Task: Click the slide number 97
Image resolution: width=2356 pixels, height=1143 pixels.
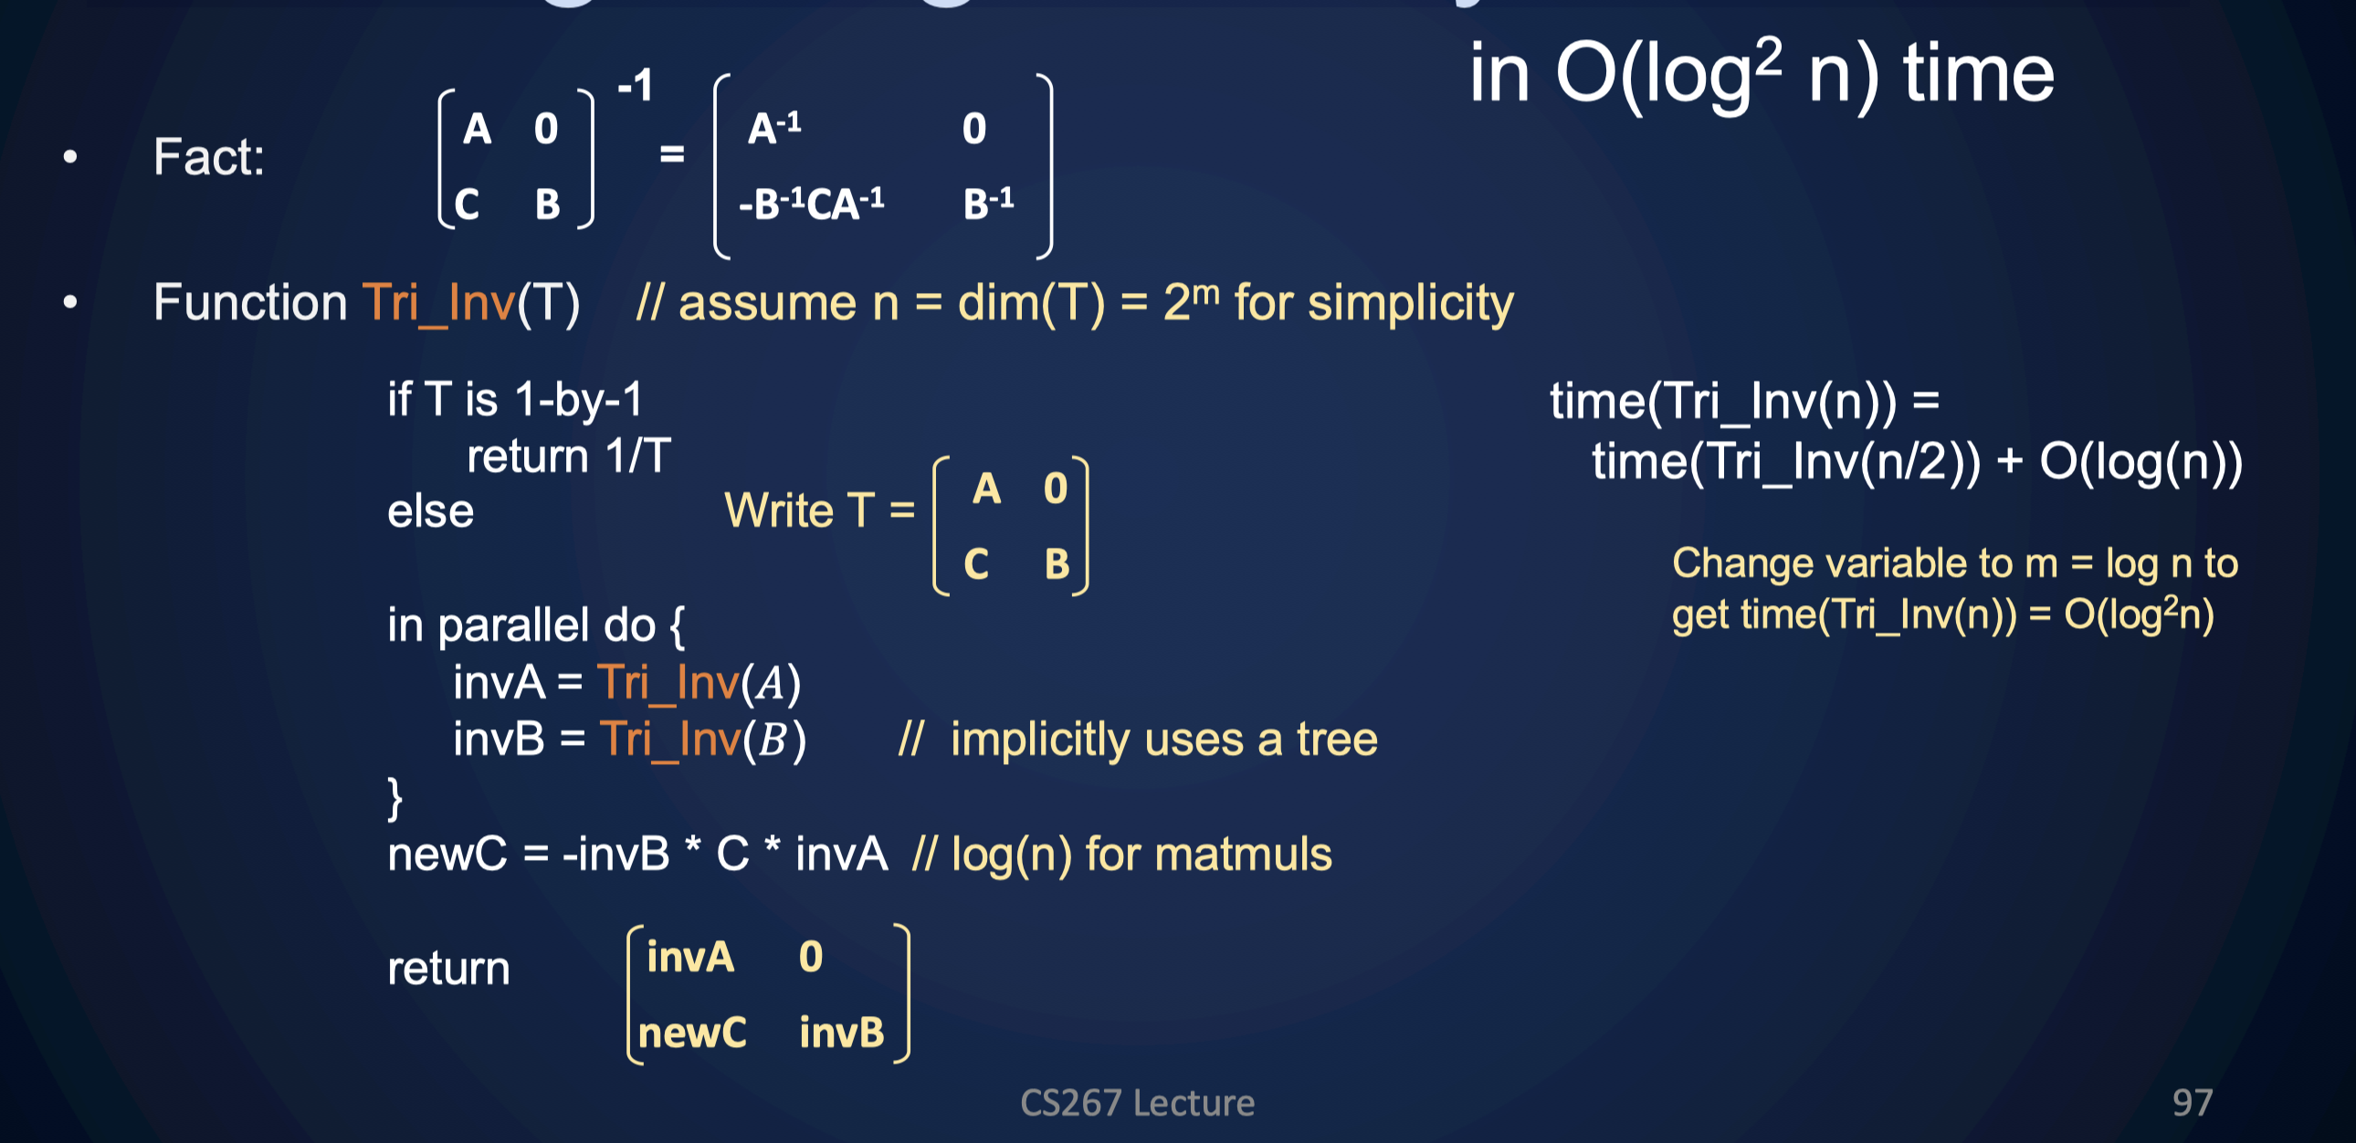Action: (2193, 1103)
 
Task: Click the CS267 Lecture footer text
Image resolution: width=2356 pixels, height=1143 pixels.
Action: (1137, 1104)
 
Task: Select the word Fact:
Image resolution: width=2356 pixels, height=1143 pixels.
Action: (208, 156)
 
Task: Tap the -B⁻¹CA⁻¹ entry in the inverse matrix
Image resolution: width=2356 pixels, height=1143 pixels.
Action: (811, 203)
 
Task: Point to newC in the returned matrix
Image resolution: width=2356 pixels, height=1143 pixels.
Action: (692, 1033)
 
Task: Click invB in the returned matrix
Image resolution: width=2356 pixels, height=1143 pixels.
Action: (841, 1033)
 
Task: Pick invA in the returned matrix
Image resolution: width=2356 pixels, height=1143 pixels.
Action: (690, 958)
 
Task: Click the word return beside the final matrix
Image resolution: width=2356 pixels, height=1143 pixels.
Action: (448, 969)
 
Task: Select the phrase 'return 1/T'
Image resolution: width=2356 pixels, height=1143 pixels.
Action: (569, 456)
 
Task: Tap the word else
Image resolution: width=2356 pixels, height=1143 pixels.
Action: (430, 511)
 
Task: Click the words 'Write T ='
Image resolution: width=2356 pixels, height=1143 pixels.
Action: (818, 510)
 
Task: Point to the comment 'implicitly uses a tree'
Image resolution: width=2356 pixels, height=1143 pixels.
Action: (1163, 739)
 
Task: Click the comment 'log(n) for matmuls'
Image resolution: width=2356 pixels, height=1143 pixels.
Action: (1141, 855)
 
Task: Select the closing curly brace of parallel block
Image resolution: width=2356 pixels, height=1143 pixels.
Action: (394, 797)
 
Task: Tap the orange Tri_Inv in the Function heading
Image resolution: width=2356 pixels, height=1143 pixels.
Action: (438, 303)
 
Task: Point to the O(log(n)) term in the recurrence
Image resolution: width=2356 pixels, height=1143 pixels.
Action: (2140, 462)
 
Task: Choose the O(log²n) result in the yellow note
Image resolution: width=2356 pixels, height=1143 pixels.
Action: (2139, 615)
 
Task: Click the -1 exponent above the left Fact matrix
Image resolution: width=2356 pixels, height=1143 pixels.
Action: (636, 86)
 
